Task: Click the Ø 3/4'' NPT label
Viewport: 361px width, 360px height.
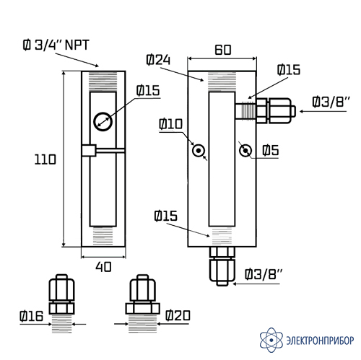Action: (56, 45)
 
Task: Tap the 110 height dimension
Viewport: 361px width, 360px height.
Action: (45, 159)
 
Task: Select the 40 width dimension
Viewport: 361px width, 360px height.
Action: (103, 267)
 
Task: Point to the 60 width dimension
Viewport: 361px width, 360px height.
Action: (223, 50)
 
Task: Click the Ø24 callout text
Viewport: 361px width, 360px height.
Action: (158, 60)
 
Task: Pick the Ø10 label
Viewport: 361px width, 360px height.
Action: (171, 124)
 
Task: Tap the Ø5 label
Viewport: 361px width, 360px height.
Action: (271, 151)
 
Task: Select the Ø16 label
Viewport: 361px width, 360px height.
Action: (32, 316)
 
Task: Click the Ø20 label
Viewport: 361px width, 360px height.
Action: (178, 315)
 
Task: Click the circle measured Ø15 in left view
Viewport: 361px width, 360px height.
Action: (103, 121)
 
